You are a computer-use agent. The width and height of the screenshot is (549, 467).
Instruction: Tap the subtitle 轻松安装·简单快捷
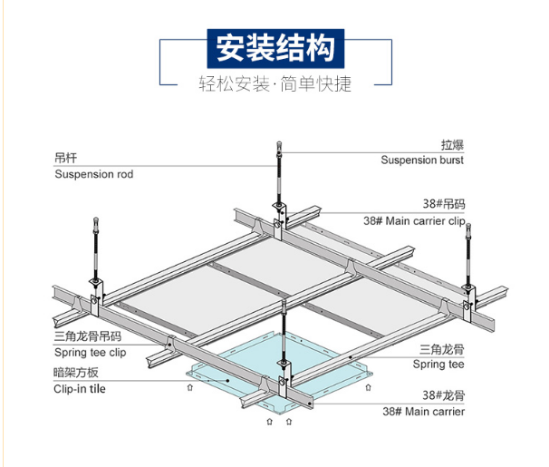(274, 85)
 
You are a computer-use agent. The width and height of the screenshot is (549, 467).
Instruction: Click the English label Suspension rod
(93, 174)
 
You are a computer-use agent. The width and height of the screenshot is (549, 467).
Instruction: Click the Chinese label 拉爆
(452, 144)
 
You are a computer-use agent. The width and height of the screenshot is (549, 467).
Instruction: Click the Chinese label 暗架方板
(75, 372)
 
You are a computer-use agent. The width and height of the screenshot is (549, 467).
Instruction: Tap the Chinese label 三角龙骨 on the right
(441, 348)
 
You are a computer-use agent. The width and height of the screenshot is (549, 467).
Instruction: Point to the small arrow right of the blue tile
(369, 387)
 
